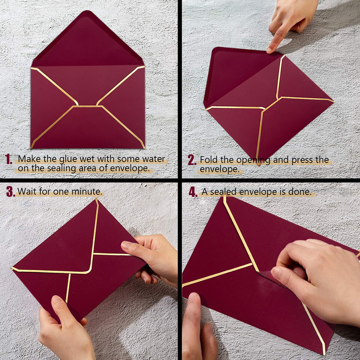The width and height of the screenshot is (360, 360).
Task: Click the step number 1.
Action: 9,160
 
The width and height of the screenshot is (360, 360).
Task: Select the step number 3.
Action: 10,192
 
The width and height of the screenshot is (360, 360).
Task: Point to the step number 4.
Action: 193,192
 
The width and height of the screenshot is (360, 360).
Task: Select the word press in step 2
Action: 297,160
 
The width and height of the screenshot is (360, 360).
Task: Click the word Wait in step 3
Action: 27,192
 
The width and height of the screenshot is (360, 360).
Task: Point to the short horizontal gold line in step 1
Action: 87,107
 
